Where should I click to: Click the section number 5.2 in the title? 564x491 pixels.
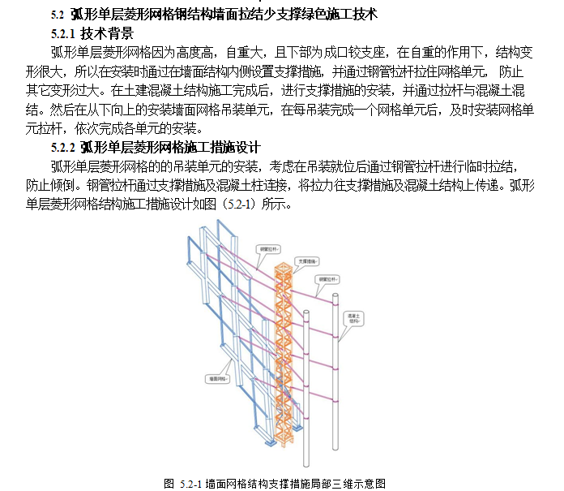click(58, 15)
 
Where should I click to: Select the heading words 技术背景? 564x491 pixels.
click(107, 33)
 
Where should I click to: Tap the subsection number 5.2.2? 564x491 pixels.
click(63, 147)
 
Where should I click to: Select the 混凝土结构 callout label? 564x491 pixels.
click(355, 318)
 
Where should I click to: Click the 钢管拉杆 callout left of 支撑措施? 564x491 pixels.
click(267, 249)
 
